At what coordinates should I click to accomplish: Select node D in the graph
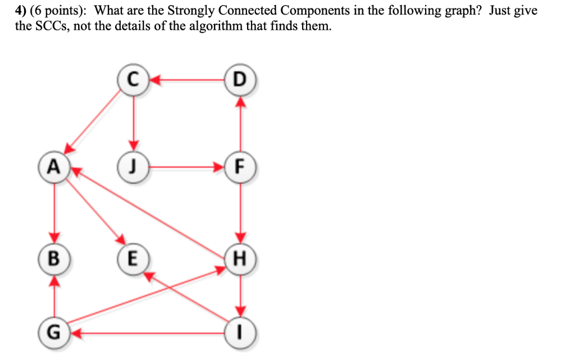click(240, 80)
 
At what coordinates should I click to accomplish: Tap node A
click(54, 167)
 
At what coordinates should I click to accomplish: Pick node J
click(133, 167)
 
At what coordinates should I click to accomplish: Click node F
click(240, 167)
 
